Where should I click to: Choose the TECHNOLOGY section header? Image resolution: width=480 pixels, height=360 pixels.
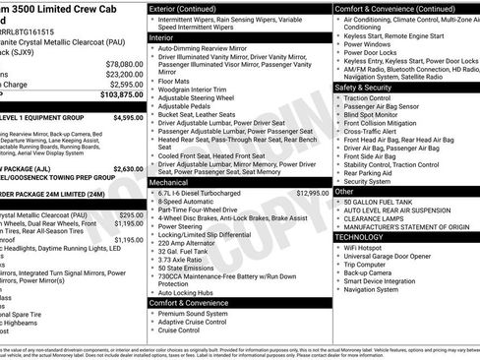click(359, 236)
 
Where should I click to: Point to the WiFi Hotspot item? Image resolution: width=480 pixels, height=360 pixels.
click(369, 247)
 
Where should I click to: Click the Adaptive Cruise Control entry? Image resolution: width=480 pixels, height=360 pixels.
click(193, 322)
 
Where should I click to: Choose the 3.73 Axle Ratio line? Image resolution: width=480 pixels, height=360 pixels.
click(184, 259)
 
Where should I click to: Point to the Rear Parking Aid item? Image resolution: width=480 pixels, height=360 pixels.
click(374, 172)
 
